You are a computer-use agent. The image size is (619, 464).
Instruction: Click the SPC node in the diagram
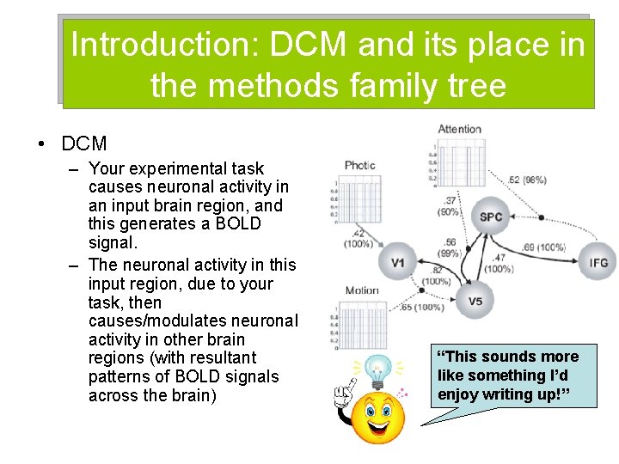pyautogui.click(x=490, y=217)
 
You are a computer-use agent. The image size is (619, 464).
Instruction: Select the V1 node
pyautogui.click(x=398, y=261)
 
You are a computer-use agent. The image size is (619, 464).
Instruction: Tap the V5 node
pyautogui.click(x=475, y=301)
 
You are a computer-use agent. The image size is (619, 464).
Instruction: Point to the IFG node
pyautogui.click(x=598, y=261)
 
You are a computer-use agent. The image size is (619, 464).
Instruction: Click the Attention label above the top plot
pyautogui.click(x=459, y=130)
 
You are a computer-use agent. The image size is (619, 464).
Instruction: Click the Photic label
pyautogui.click(x=360, y=165)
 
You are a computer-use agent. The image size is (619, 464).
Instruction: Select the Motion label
pyautogui.click(x=361, y=290)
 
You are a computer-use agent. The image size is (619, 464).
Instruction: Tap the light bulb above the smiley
pyautogui.click(x=377, y=372)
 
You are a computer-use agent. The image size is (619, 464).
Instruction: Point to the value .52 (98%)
pyautogui.click(x=527, y=180)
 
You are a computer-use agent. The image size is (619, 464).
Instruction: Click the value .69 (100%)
pyautogui.click(x=543, y=247)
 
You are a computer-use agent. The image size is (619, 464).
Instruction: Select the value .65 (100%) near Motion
pyautogui.click(x=422, y=307)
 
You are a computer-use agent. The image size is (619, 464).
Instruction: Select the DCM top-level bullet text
pyautogui.click(x=84, y=143)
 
